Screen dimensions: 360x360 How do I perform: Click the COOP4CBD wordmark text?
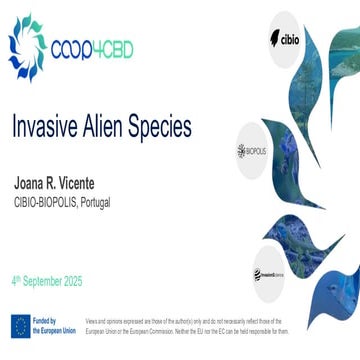click(91, 48)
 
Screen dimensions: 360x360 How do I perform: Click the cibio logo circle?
click(285, 37)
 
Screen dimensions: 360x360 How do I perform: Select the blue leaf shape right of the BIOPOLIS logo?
click(305, 160)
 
